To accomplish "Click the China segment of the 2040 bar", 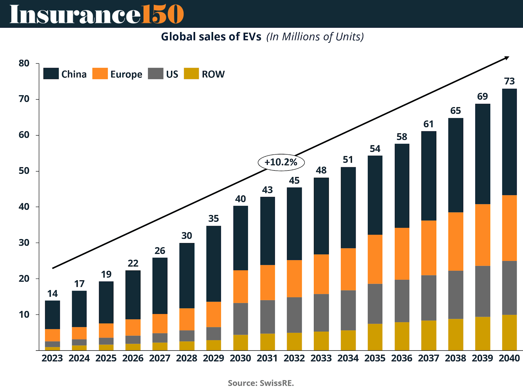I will coord(509,142).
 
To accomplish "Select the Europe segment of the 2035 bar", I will coord(375,259).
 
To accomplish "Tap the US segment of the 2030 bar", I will coord(241,319).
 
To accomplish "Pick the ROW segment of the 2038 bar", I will coord(456,335).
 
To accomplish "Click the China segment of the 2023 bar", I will coord(52,315).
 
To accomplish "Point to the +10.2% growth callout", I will coord(281,162).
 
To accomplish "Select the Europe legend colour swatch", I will coord(100,74).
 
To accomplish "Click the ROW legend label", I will coord(213,74).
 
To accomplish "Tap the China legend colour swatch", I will coord(51,74).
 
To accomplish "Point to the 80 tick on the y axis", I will coord(24,63).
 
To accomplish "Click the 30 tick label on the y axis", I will coord(24,243).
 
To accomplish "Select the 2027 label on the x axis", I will coord(160,358).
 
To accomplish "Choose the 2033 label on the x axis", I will coord(321,358).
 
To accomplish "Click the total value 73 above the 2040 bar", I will coord(509,81).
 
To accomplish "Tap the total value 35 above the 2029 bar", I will coord(213,219).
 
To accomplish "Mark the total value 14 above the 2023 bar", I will coord(52,294).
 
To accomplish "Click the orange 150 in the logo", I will coord(162,14).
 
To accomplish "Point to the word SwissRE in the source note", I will coord(277,383).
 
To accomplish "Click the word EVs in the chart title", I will coord(252,37).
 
